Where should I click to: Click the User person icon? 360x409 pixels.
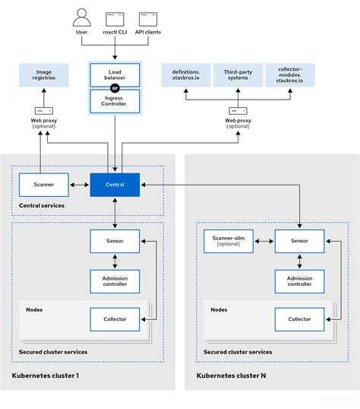tap(83, 17)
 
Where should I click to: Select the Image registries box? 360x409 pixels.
tap(43, 75)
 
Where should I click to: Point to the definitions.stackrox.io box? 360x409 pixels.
tap(185, 75)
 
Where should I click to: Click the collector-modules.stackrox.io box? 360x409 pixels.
tap(289, 75)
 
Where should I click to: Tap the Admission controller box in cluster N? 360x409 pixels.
tap(299, 282)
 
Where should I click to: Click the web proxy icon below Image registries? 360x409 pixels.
tap(43, 111)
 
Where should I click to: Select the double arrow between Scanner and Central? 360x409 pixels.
tap(78, 183)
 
